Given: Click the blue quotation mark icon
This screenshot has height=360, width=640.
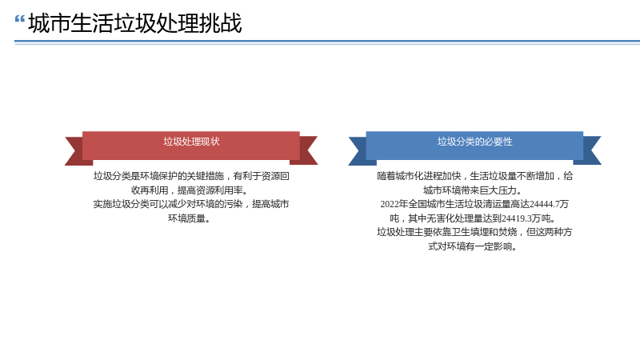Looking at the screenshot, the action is (19, 19).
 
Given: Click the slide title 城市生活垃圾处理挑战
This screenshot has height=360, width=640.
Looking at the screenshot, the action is (135, 23).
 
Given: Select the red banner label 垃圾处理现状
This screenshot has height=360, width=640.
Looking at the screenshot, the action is (191, 142).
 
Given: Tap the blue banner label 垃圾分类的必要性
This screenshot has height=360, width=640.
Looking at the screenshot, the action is (474, 142).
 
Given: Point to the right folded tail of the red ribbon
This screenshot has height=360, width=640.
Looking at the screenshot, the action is (308, 150).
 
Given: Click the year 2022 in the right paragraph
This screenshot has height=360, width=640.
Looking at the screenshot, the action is (390, 204).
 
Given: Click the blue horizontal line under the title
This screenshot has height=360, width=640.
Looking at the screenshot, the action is (327, 42).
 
